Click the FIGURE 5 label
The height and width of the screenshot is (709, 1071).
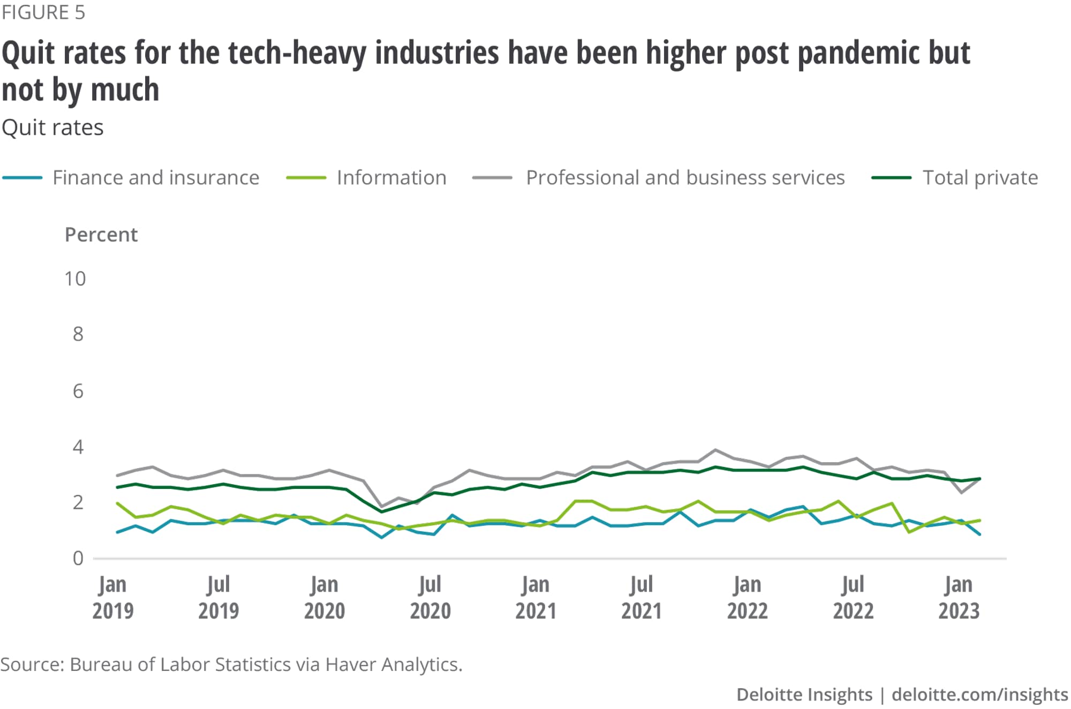pyautogui.click(x=43, y=12)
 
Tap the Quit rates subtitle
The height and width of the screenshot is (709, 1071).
pyautogui.click(x=52, y=128)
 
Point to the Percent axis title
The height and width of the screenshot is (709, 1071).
pyautogui.click(x=101, y=235)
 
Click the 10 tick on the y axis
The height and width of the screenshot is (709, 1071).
pyautogui.click(x=75, y=279)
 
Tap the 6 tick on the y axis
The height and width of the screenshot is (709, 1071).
pyautogui.click(x=78, y=391)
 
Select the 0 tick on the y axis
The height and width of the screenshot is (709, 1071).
pyautogui.click(x=78, y=559)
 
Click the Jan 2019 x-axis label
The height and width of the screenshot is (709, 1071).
pyautogui.click(x=112, y=598)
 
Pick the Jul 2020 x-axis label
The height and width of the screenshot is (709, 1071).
pyautogui.click(x=430, y=598)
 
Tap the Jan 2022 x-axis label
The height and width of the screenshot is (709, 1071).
pyautogui.click(x=747, y=598)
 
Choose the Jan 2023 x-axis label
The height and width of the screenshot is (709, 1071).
pyautogui.click(x=959, y=598)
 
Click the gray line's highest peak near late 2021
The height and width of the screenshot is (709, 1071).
pyautogui.click(x=715, y=450)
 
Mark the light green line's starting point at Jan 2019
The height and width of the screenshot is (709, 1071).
pyautogui.click(x=117, y=503)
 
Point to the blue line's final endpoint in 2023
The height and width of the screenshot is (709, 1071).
pyautogui.click(x=980, y=534)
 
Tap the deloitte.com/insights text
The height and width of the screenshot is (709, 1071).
pyautogui.click(x=979, y=695)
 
